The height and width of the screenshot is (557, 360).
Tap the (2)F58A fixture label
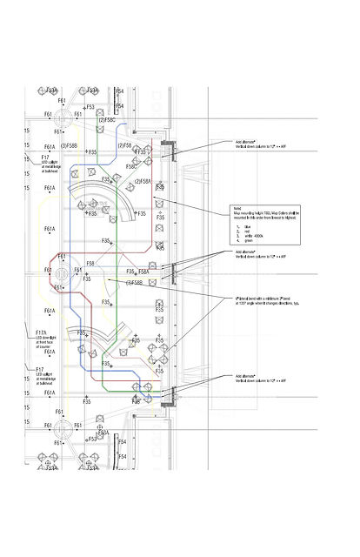point(143,181)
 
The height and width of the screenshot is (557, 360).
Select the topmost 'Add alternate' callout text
point(246,141)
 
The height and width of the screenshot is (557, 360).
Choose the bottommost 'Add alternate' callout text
point(246,377)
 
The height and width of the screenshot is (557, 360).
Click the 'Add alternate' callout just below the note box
point(246,252)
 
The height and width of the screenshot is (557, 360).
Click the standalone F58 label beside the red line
point(90,263)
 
